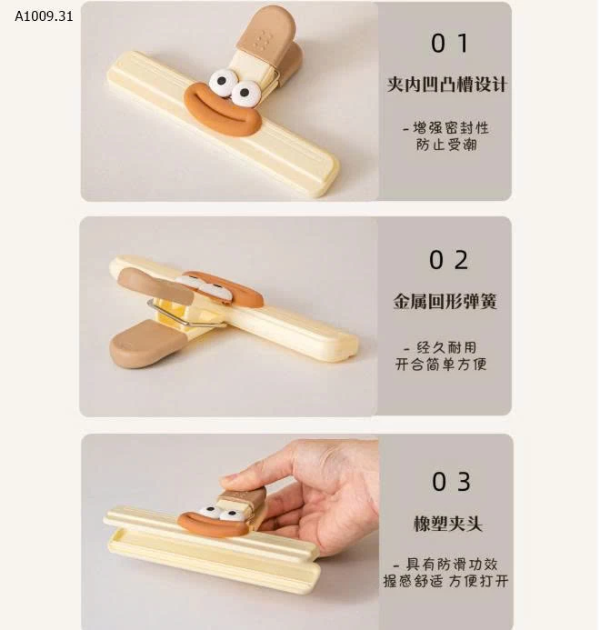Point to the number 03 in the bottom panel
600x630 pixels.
click(x=450, y=481)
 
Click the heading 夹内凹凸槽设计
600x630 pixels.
click(x=446, y=85)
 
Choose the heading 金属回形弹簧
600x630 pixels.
click(x=445, y=302)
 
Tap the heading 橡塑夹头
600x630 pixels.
click(x=446, y=524)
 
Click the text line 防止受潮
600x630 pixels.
click(x=446, y=145)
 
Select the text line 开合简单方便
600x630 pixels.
click(x=441, y=364)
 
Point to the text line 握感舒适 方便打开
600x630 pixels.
click(x=445, y=581)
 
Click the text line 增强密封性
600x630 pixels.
click(x=446, y=127)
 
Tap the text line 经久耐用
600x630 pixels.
click(x=441, y=346)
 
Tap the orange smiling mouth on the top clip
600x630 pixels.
click(x=223, y=110)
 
